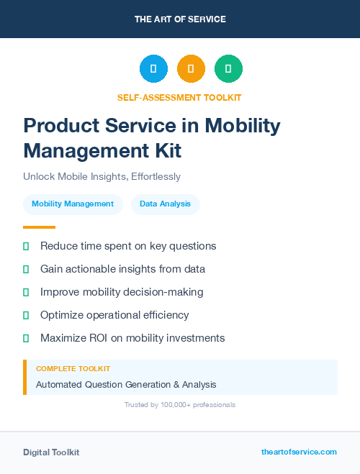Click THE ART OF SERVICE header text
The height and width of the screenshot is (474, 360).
tap(180, 19)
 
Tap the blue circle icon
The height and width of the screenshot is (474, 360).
tap(153, 69)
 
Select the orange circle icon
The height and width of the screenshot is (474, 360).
tap(191, 69)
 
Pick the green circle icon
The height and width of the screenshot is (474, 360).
tap(228, 69)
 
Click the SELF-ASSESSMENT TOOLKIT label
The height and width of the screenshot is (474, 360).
tap(180, 97)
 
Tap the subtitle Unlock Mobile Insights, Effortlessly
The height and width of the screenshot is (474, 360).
tap(102, 176)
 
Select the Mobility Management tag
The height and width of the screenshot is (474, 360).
tap(73, 204)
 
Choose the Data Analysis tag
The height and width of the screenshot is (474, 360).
tap(166, 204)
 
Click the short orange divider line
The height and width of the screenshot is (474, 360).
tap(39, 227)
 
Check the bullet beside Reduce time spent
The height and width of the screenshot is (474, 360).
tap(26, 246)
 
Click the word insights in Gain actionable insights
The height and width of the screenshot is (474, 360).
tap(142, 269)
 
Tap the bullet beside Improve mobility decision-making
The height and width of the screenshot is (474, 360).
tap(26, 292)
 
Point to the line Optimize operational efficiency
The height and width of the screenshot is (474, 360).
tap(114, 315)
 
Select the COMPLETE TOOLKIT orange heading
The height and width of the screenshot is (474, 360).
tap(73, 369)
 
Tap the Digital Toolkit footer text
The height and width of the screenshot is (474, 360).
tap(51, 452)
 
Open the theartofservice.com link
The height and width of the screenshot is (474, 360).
tap(299, 452)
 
